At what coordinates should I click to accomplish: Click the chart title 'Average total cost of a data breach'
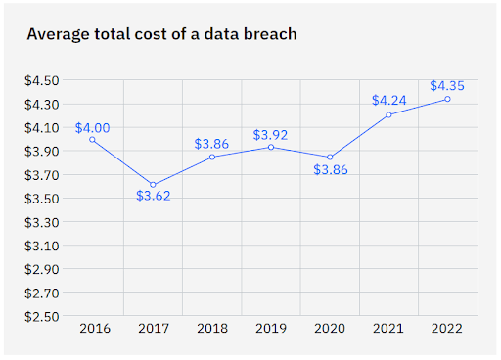(x=161, y=34)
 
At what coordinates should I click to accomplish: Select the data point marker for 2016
(x=93, y=140)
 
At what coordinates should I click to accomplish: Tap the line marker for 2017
(x=153, y=185)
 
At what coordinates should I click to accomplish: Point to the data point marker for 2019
(x=270, y=147)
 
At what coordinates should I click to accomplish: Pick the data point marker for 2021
(x=388, y=114)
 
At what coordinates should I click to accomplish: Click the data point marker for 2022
(x=447, y=99)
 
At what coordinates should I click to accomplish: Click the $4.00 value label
(x=92, y=127)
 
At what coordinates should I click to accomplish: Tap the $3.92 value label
(x=270, y=134)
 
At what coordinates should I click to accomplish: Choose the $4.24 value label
(x=388, y=100)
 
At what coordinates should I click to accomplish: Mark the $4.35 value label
(x=447, y=85)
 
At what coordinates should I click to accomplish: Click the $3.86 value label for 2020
(x=330, y=170)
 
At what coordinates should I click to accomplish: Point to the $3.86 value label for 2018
(x=211, y=143)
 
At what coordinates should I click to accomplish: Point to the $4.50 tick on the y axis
(x=42, y=80)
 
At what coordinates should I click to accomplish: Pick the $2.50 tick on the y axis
(x=42, y=316)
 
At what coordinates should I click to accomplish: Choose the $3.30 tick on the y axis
(x=42, y=222)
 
